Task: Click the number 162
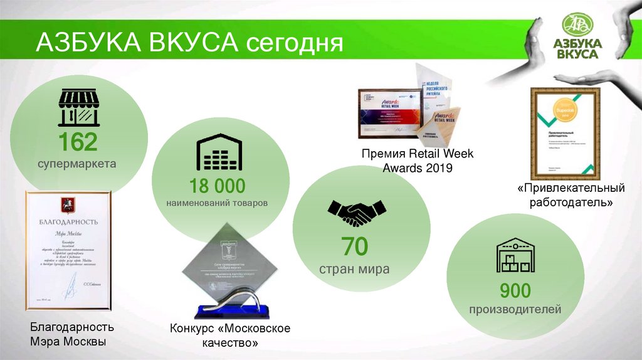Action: (x=78, y=143)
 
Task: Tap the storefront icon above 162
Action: (x=78, y=108)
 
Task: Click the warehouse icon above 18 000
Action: (x=218, y=152)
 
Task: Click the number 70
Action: (x=354, y=247)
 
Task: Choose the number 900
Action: (x=515, y=290)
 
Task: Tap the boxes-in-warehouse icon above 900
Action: (x=515, y=255)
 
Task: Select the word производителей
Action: (x=515, y=310)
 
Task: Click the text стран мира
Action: (x=354, y=269)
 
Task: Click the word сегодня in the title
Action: (x=294, y=43)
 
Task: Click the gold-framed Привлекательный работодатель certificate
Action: (x=565, y=132)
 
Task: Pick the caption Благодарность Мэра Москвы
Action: (x=72, y=335)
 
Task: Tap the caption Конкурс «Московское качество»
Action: (x=230, y=336)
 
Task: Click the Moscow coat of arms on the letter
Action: (x=63, y=204)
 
